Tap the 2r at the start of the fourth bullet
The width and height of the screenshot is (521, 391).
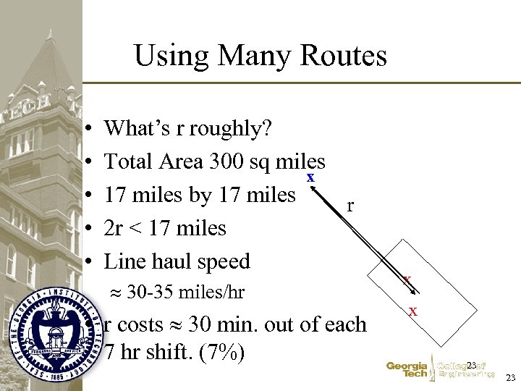pos(114,228)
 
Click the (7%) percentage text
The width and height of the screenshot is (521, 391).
pos(216,353)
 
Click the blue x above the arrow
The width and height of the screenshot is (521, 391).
pos(310,177)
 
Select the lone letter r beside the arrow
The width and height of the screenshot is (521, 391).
pos(351,205)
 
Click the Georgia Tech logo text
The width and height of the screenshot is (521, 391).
pos(406,371)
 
